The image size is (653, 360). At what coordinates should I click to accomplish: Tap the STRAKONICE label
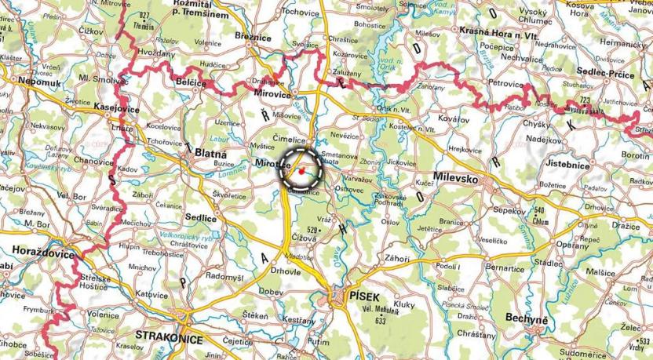point(170,340)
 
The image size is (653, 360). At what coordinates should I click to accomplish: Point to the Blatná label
point(211,155)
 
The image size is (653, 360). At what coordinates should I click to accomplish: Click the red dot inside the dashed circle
point(301,169)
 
